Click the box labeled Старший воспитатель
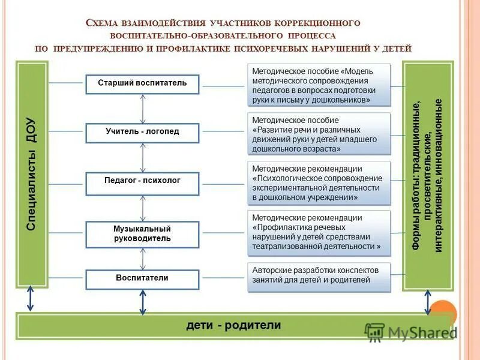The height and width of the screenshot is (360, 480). (142, 83)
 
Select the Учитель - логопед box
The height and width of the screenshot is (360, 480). (142, 132)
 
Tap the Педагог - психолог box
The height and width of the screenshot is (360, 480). (142, 181)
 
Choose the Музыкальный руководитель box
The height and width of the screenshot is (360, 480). (142, 233)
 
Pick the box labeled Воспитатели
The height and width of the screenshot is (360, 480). (142, 278)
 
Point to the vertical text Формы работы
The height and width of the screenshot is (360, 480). (428, 175)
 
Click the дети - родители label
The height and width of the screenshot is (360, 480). (233, 326)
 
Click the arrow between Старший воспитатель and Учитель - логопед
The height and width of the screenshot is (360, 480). (143, 108)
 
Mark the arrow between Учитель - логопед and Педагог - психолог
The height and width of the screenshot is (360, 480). (143, 158)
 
